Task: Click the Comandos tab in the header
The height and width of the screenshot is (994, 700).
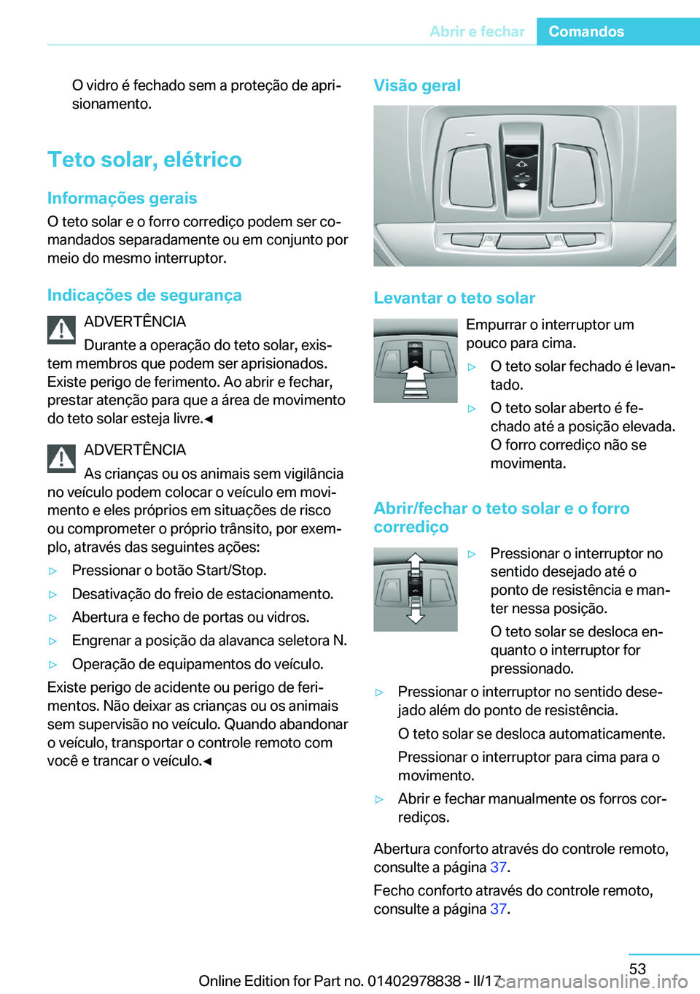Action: click(x=586, y=31)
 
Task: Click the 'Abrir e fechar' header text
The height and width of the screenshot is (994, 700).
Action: click(x=477, y=31)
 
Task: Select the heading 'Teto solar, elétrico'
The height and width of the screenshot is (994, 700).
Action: click(x=144, y=159)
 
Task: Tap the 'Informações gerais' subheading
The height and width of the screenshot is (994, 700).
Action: click(x=122, y=198)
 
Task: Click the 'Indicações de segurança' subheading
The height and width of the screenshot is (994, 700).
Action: click(x=144, y=295)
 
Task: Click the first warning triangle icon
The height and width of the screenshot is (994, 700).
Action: click(x=62, y=330)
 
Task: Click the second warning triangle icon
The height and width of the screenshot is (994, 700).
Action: click(x=62, y=458)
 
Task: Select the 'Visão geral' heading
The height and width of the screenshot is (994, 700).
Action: click(x=417, y=85)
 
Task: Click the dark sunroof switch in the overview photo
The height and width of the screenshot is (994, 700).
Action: click(x=521, y=167)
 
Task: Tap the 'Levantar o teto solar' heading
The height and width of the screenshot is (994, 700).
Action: click(x=454, y=298)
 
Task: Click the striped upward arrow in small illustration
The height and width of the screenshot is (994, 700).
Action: click(x=415, y=380)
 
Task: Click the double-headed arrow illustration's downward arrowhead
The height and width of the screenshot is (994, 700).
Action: click(x=416, y=617)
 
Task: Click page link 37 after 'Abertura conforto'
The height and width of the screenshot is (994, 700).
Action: click(x=498, y=867)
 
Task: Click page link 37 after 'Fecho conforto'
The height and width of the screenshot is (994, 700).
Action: click(x=498, y=909)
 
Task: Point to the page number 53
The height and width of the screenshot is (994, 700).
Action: click(x=637, y=968)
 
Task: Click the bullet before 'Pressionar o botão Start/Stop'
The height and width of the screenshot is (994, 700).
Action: click(x=52, y=571)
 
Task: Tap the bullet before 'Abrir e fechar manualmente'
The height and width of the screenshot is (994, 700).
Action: click(x=379, y=799)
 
